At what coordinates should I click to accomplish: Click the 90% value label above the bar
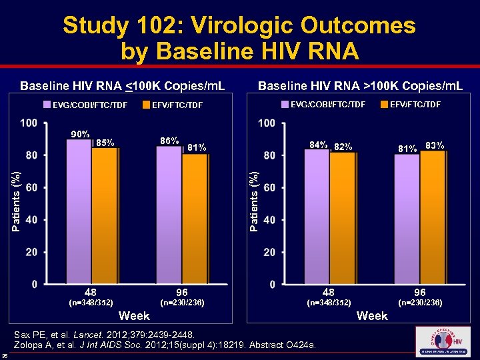80,134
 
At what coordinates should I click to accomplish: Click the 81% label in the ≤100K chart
197,147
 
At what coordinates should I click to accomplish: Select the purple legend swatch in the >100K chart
287,104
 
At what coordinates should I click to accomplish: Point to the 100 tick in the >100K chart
267,124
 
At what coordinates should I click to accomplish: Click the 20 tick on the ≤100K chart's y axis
30,253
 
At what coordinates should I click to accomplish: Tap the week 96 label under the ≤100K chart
182,293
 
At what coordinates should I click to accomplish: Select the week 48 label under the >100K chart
329,293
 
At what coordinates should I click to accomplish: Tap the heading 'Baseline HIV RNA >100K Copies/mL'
361,86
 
